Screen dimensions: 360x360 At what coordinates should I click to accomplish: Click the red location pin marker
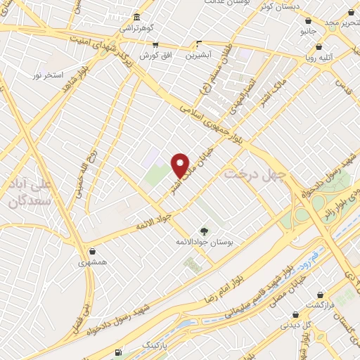click(181, 165)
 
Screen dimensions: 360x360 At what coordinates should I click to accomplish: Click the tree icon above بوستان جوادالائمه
click(203, 231)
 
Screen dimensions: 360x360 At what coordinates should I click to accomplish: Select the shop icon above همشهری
click(93, 250)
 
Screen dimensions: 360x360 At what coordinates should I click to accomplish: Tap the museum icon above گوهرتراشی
click(136, 17)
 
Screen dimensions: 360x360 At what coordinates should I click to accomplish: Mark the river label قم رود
click(317, 255)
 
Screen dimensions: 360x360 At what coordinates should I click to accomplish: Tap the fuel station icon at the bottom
click(117, 352)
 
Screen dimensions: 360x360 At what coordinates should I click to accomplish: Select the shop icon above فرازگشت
click(320, 295)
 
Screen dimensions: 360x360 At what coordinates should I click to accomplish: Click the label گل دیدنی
click(290, 326)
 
